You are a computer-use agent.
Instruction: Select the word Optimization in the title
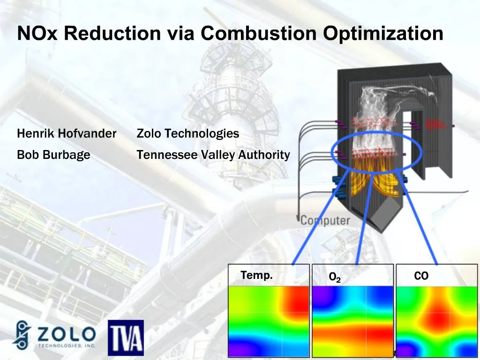(x=382, y=34)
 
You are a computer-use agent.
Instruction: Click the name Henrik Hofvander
(x=67, y=134)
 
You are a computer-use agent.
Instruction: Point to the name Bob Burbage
(x=53, y=155)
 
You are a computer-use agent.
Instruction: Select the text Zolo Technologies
(x=187, y=134)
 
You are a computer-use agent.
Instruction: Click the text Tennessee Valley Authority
(x=213, y=155)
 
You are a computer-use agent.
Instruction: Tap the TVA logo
(x=126, y=337)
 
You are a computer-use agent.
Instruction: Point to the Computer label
(x=325, y=220)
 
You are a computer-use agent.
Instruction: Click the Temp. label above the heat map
(x=256, y=276)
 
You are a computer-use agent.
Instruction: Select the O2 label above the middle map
(x=335, y=278)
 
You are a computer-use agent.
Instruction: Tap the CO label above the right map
(x=421, y=276)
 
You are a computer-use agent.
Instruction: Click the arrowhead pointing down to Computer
(x=297, y=219)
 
